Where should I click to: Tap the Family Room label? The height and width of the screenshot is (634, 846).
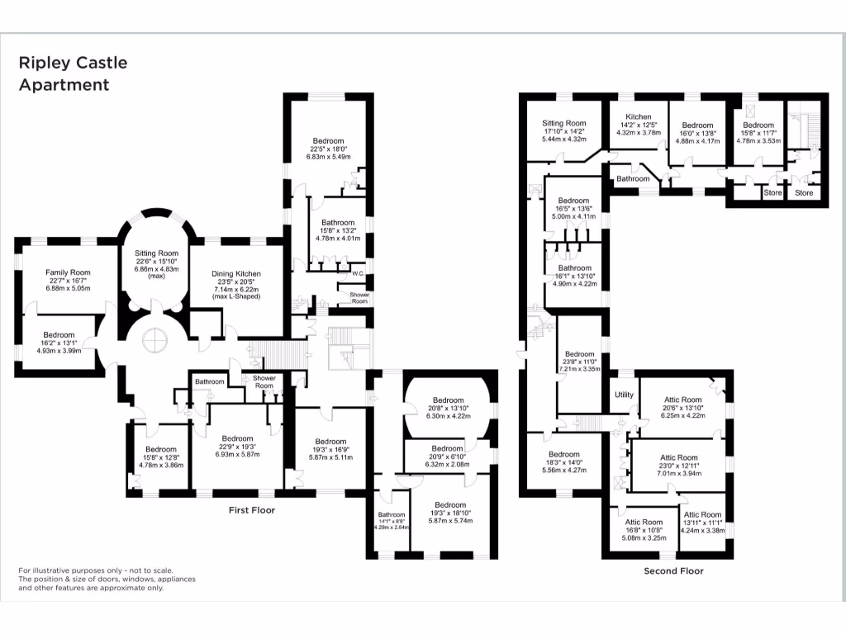(68, 272)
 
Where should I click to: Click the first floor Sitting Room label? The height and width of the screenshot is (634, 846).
(157, 253)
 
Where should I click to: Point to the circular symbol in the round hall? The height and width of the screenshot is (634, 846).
(154, 339)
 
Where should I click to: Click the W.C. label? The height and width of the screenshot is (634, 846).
(358, 273)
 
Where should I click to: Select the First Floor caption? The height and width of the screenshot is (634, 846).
(251, 510)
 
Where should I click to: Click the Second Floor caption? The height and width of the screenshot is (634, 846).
(673, 570)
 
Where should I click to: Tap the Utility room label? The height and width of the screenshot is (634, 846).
(624, 395)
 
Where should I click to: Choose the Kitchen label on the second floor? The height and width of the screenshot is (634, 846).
(639, 117)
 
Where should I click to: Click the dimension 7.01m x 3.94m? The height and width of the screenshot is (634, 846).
(677, 474)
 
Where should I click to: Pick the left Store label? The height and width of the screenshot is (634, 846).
(772, 193)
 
